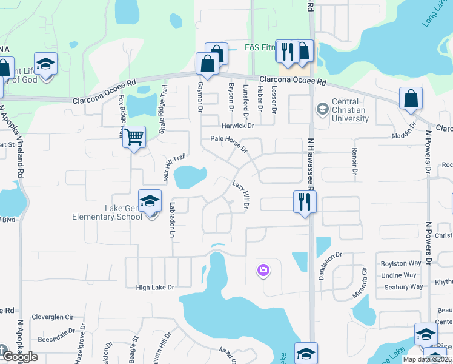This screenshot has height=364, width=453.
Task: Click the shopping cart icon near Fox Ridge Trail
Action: (134, 137)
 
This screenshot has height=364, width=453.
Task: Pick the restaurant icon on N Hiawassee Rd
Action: (304, 201)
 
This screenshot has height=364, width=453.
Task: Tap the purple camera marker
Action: (263, 270)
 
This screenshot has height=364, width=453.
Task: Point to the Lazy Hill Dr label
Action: (241, 195)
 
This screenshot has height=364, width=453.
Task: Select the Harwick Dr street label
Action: (237, 126)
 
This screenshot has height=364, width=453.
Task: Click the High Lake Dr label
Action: (155, 288)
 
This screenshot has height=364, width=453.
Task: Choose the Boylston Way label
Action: (400, 264)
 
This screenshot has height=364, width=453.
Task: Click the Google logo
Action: (20, 357)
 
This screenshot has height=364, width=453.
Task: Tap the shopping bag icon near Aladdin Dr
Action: (411, 99)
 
